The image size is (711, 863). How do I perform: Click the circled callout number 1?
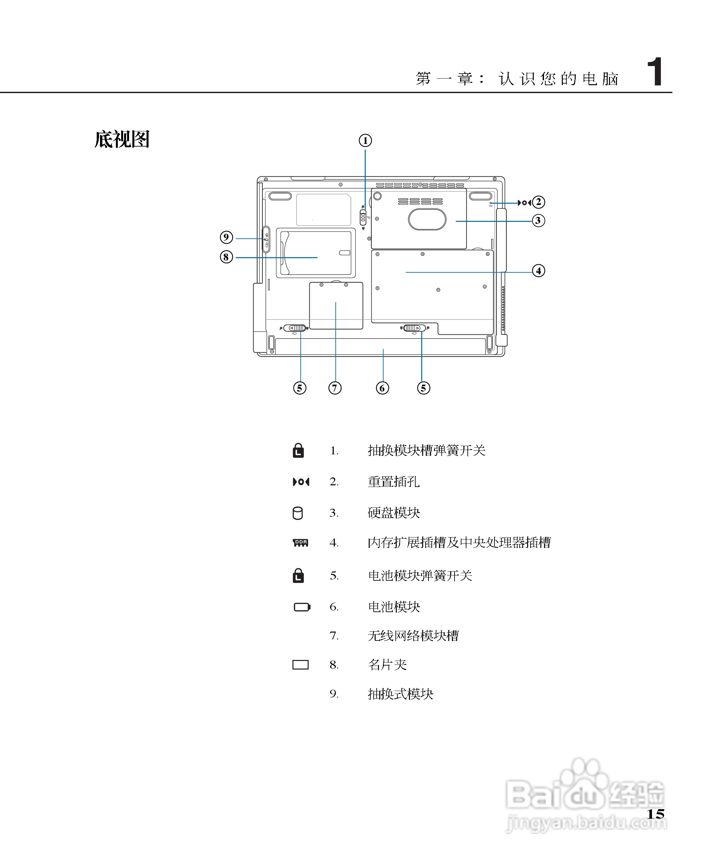(x=365, y=141)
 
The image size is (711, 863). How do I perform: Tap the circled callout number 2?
(x=538, y=202)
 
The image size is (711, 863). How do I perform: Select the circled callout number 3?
(x=538, y=220)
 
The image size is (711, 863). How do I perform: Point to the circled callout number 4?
(x=538, y=270)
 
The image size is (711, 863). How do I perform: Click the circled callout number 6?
(x=382, y=388)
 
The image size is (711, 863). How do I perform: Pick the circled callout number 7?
(x=335, y=388)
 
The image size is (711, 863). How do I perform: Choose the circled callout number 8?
(x=226, y=257)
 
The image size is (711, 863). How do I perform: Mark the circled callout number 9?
(x=226, y=237)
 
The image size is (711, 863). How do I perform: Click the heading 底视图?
(x=122, y=139)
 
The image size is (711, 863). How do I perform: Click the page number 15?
(x=655, y=814)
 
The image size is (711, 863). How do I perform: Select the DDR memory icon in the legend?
(x=301, y=543)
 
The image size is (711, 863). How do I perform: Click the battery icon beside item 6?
(x=302, y=606)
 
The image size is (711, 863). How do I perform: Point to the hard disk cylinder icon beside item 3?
(x=298, y=513)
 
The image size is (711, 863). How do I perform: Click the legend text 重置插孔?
(x=393, y=482)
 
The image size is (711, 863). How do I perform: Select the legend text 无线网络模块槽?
(x=413, y=636)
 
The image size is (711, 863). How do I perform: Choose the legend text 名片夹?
(x=387, y=664)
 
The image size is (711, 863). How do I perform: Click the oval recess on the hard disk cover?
(x=427, y=219)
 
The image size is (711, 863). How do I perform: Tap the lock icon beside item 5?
(x=298, y=575)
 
